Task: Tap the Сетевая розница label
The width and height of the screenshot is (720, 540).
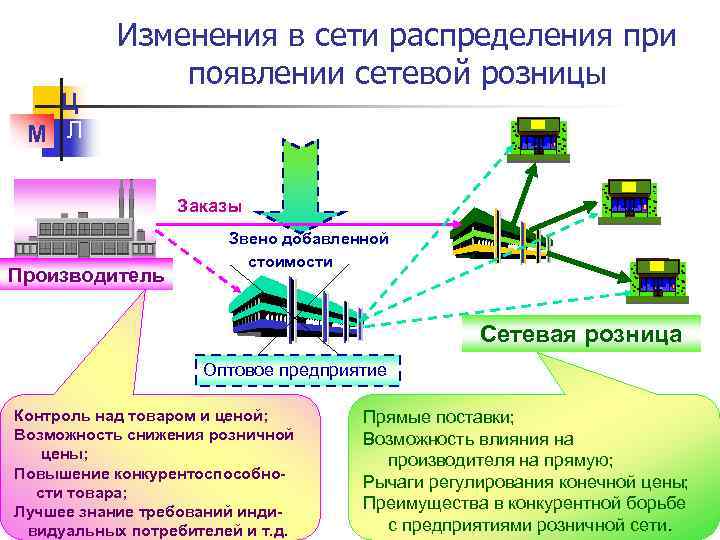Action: point(581,335)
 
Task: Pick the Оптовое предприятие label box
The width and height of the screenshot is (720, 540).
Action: point(295,370)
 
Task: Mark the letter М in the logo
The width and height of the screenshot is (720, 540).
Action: point(38,133)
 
